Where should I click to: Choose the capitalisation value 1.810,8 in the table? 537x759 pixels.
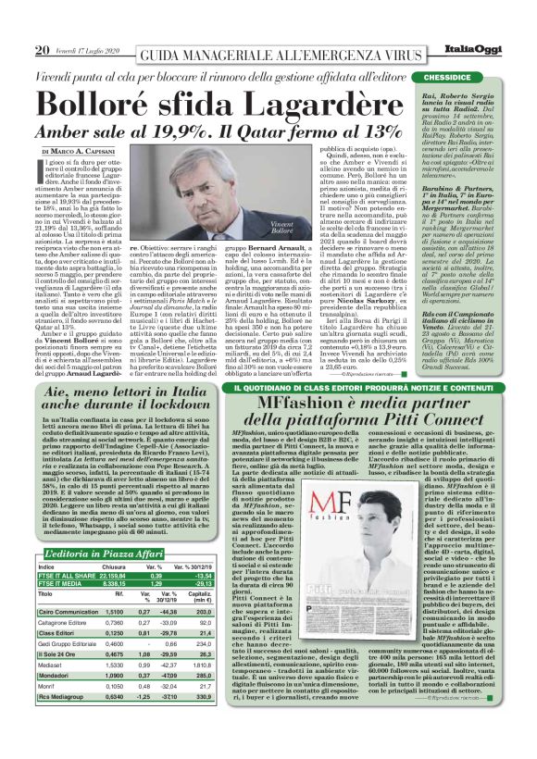[x=207, y=664]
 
